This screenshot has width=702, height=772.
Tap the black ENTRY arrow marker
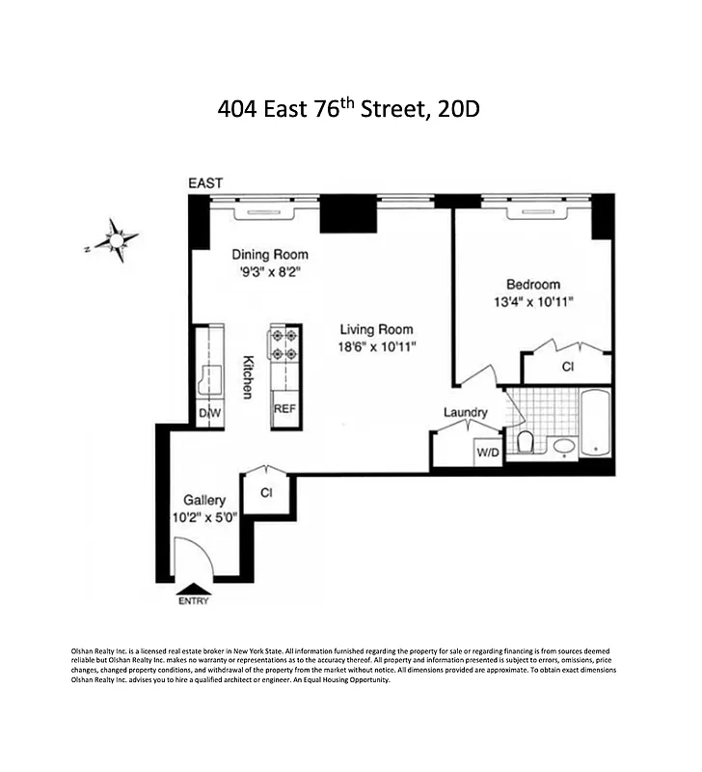point(193,589)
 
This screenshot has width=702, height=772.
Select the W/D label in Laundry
point(488,454)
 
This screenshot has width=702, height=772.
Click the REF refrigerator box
point(284,408)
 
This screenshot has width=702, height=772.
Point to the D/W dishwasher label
point(209,414)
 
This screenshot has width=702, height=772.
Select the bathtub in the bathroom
point(595,423)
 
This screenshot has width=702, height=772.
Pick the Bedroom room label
point(533,285)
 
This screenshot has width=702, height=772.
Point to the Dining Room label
point(267,255)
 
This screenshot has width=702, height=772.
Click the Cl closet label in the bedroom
point(568,368)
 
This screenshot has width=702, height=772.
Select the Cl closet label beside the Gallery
point(265,493)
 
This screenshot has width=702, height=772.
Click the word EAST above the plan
point(205,183)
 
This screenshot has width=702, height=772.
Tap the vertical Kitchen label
point(248,376)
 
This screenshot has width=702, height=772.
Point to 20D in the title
point(458,109)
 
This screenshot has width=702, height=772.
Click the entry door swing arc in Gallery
point(193,554)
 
